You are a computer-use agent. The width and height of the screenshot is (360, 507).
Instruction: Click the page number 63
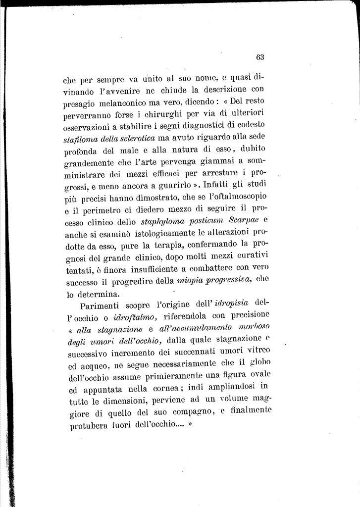click(260, 57)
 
